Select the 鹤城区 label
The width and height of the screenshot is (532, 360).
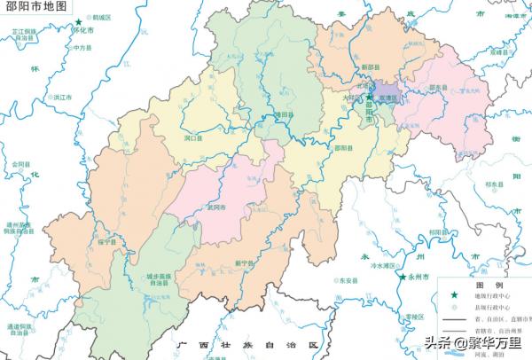102,17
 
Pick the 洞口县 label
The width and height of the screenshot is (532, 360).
193,137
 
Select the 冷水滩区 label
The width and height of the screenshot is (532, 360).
387,264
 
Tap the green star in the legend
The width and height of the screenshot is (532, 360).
457,296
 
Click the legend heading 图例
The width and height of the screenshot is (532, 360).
489,286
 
